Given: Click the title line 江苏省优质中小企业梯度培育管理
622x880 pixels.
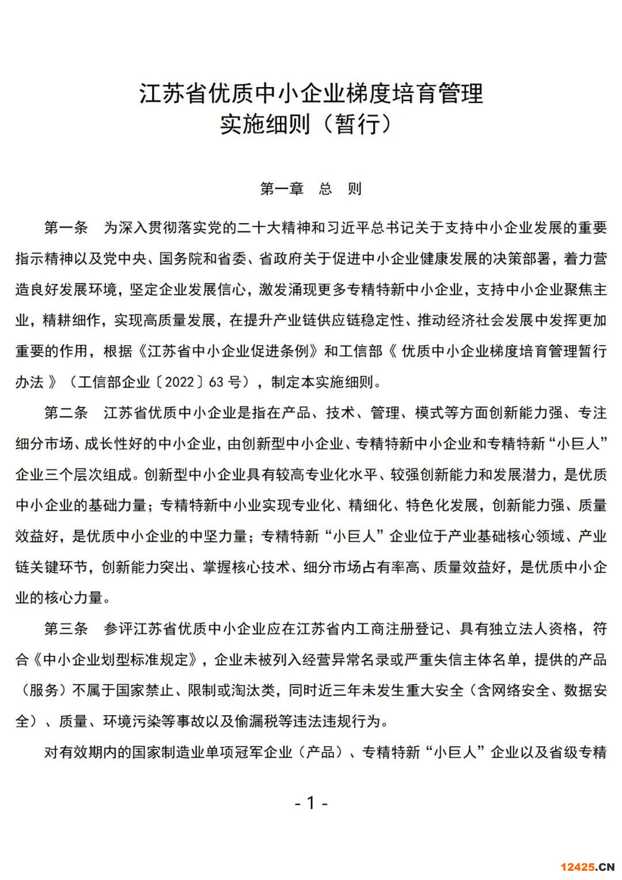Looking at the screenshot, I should [311, 94].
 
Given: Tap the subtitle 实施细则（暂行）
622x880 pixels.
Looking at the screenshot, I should [306, 124].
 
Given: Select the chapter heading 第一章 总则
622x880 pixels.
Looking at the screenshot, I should [310, 189].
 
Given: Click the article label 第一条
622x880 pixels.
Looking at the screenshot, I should [66, 228].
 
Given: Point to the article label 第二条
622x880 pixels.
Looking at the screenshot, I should [66, 413].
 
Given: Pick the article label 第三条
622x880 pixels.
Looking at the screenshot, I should [66, 628].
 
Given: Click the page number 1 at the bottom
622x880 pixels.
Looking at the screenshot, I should [311, 803].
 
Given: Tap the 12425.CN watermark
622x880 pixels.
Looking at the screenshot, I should [587, 867].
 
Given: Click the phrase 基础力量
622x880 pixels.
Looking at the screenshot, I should [116, 505].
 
